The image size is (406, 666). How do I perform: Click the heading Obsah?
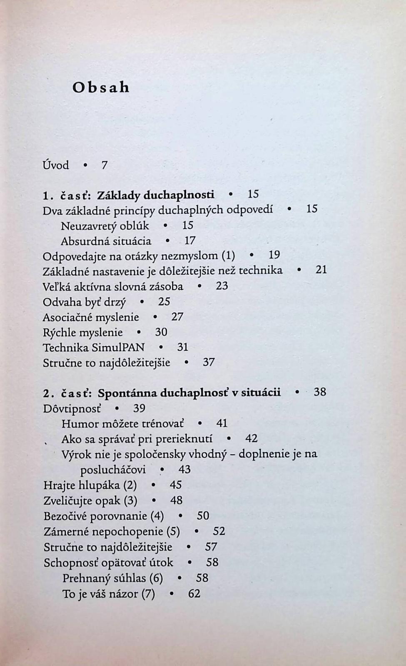[x=101, y=87]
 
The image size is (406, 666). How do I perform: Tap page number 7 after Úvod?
[x=105, y=165]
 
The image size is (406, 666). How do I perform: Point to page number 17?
[x=190, y=241]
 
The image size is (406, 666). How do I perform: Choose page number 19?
[x=274, y=255]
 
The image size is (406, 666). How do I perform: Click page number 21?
[x=321, y=270]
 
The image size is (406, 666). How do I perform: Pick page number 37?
[x=209, y=362]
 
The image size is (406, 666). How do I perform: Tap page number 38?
[x=320, y=392]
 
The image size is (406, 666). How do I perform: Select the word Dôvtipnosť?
[x=72, y=408]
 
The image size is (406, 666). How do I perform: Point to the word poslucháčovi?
[x=113, y=470]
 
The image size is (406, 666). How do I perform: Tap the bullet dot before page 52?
[x=196, y=532]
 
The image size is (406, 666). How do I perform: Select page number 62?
[x=194, y=594]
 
